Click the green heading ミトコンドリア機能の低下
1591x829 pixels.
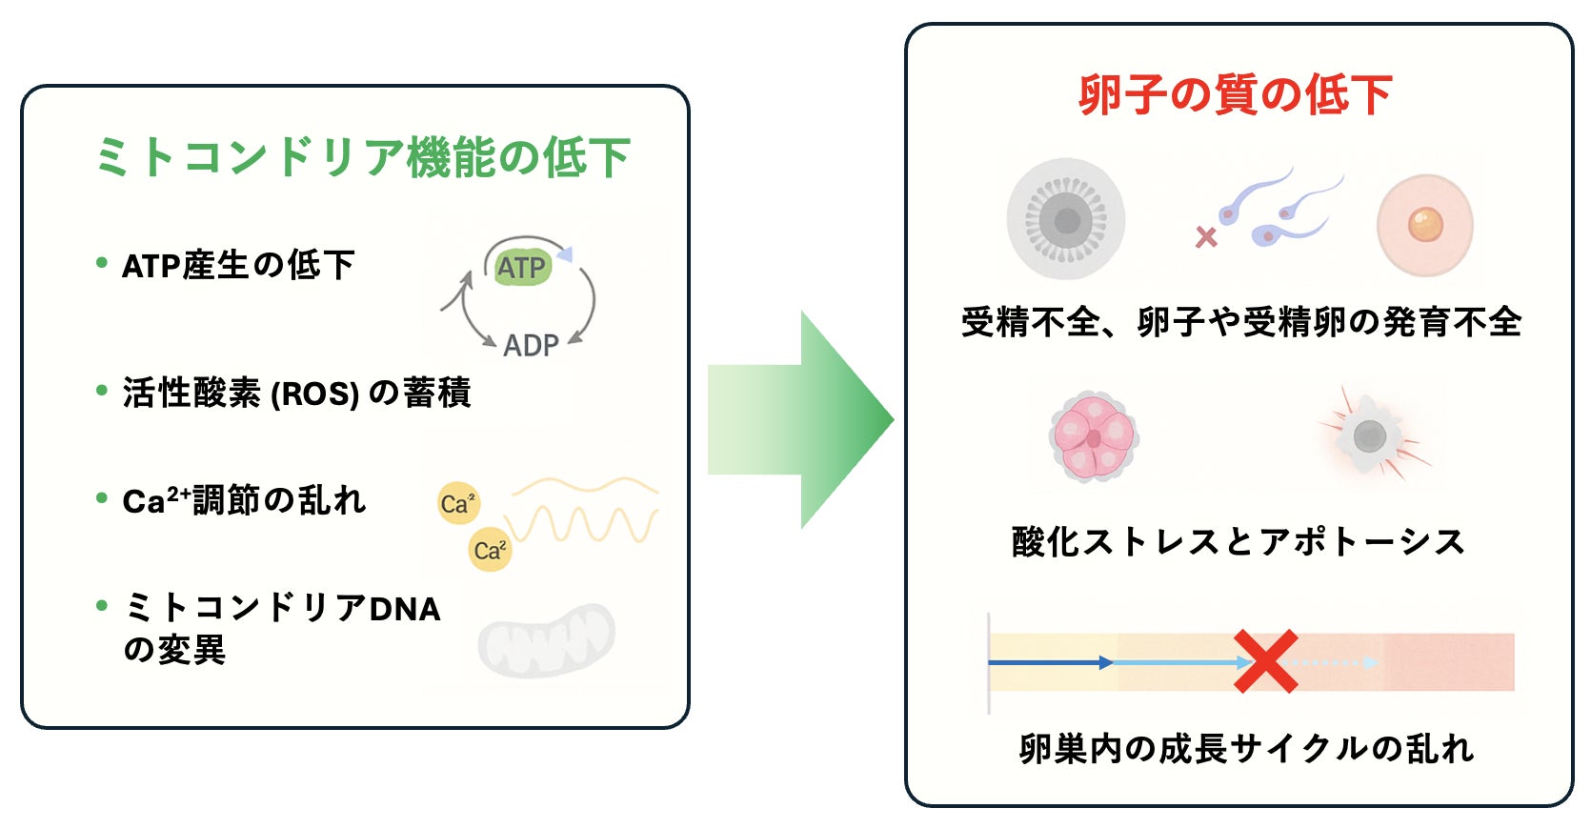(x=362, y=157)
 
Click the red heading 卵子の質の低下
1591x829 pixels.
(x=1235, y=95)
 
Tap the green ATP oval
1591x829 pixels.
(x=521, y=268)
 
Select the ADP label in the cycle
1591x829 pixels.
(x=531, y=345)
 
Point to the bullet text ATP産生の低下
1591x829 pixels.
(x=238, y=265)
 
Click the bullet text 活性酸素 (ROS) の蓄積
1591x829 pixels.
(x=296, y=393)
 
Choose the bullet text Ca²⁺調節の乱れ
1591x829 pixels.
(x=244, y=500)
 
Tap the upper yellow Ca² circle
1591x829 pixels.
(x=458, y=503)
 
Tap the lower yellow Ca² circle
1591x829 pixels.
(x=491, y=550)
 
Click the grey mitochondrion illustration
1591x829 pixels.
(x=546, y=639)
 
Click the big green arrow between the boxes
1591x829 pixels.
(x=800, y=419)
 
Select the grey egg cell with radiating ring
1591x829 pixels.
(x=1066, y=220)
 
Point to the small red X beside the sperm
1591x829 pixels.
(x=1206, y=236)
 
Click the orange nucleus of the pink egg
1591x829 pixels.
(x=1425, y=225)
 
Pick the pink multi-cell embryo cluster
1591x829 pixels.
(x=1094, y=437)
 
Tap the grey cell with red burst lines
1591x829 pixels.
(x=1369, y=436)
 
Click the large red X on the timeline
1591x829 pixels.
(x=1266, y=661)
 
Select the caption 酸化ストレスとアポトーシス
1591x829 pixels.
(x=1238, y=541)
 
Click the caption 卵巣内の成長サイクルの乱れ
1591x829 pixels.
(x=1246, y=749)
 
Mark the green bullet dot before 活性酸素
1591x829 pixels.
(x=102, y=390)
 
